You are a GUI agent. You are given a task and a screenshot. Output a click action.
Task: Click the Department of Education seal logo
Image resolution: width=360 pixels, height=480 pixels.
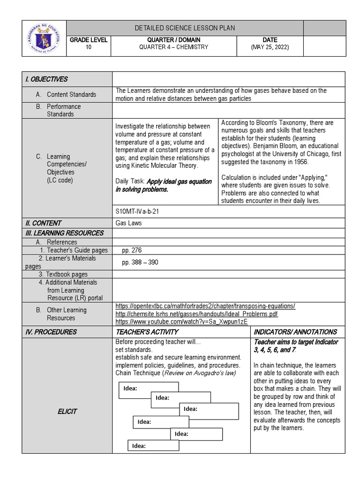click(x=44, y=38)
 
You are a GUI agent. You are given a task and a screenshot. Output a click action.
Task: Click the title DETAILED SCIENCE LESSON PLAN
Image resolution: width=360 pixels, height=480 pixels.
click(x=185, y=28)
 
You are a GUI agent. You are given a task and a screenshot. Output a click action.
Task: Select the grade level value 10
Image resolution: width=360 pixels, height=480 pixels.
click(x=89, y=47)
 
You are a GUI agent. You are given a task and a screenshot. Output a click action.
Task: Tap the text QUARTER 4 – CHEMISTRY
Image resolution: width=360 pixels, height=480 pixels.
click(x=173, y=47)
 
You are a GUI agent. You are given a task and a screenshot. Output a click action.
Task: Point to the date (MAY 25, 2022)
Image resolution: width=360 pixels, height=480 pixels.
click(x=270, y=47)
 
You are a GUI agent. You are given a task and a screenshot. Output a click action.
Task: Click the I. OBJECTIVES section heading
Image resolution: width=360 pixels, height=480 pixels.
click(x=46, y=79)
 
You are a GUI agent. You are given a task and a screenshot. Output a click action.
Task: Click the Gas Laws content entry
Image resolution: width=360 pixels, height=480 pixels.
click(x=128, y=223)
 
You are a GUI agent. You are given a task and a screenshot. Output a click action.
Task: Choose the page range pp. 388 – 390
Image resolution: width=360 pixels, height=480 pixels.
click(x=140, y=262)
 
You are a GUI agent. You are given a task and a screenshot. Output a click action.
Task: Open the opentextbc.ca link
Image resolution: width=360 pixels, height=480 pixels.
click(x=205, y=306)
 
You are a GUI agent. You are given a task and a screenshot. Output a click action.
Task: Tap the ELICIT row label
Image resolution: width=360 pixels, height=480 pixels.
click(x=67, y=412)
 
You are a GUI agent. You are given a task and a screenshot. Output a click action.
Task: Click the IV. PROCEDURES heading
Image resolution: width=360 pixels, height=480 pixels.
click(x=51, y=332)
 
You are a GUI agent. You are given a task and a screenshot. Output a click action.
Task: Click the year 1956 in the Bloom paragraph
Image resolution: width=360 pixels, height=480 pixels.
click(x=300, y=162)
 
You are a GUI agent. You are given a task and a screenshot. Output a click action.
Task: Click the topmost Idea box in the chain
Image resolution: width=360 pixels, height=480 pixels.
click(x=149, y=390)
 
